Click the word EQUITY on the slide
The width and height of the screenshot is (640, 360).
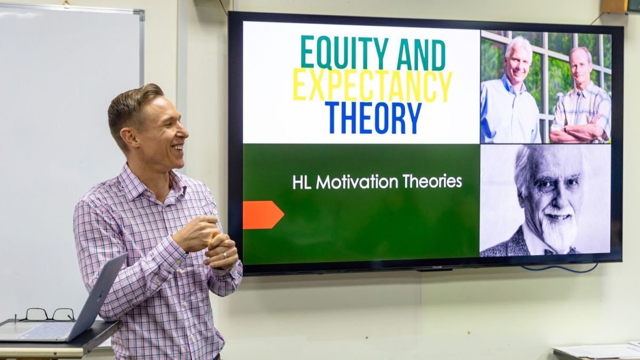[345, 53]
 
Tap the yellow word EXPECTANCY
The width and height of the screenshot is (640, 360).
[373, 86]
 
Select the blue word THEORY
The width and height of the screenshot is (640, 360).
[374, 118]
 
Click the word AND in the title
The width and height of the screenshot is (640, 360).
[421, 54]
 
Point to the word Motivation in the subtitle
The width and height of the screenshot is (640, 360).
[357, 182]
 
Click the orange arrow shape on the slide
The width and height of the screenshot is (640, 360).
[263, 215]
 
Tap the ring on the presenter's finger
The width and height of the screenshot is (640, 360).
[225, 255]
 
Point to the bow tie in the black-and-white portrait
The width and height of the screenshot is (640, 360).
[560, 251]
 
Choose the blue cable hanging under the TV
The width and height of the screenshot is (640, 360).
[559, 269]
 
